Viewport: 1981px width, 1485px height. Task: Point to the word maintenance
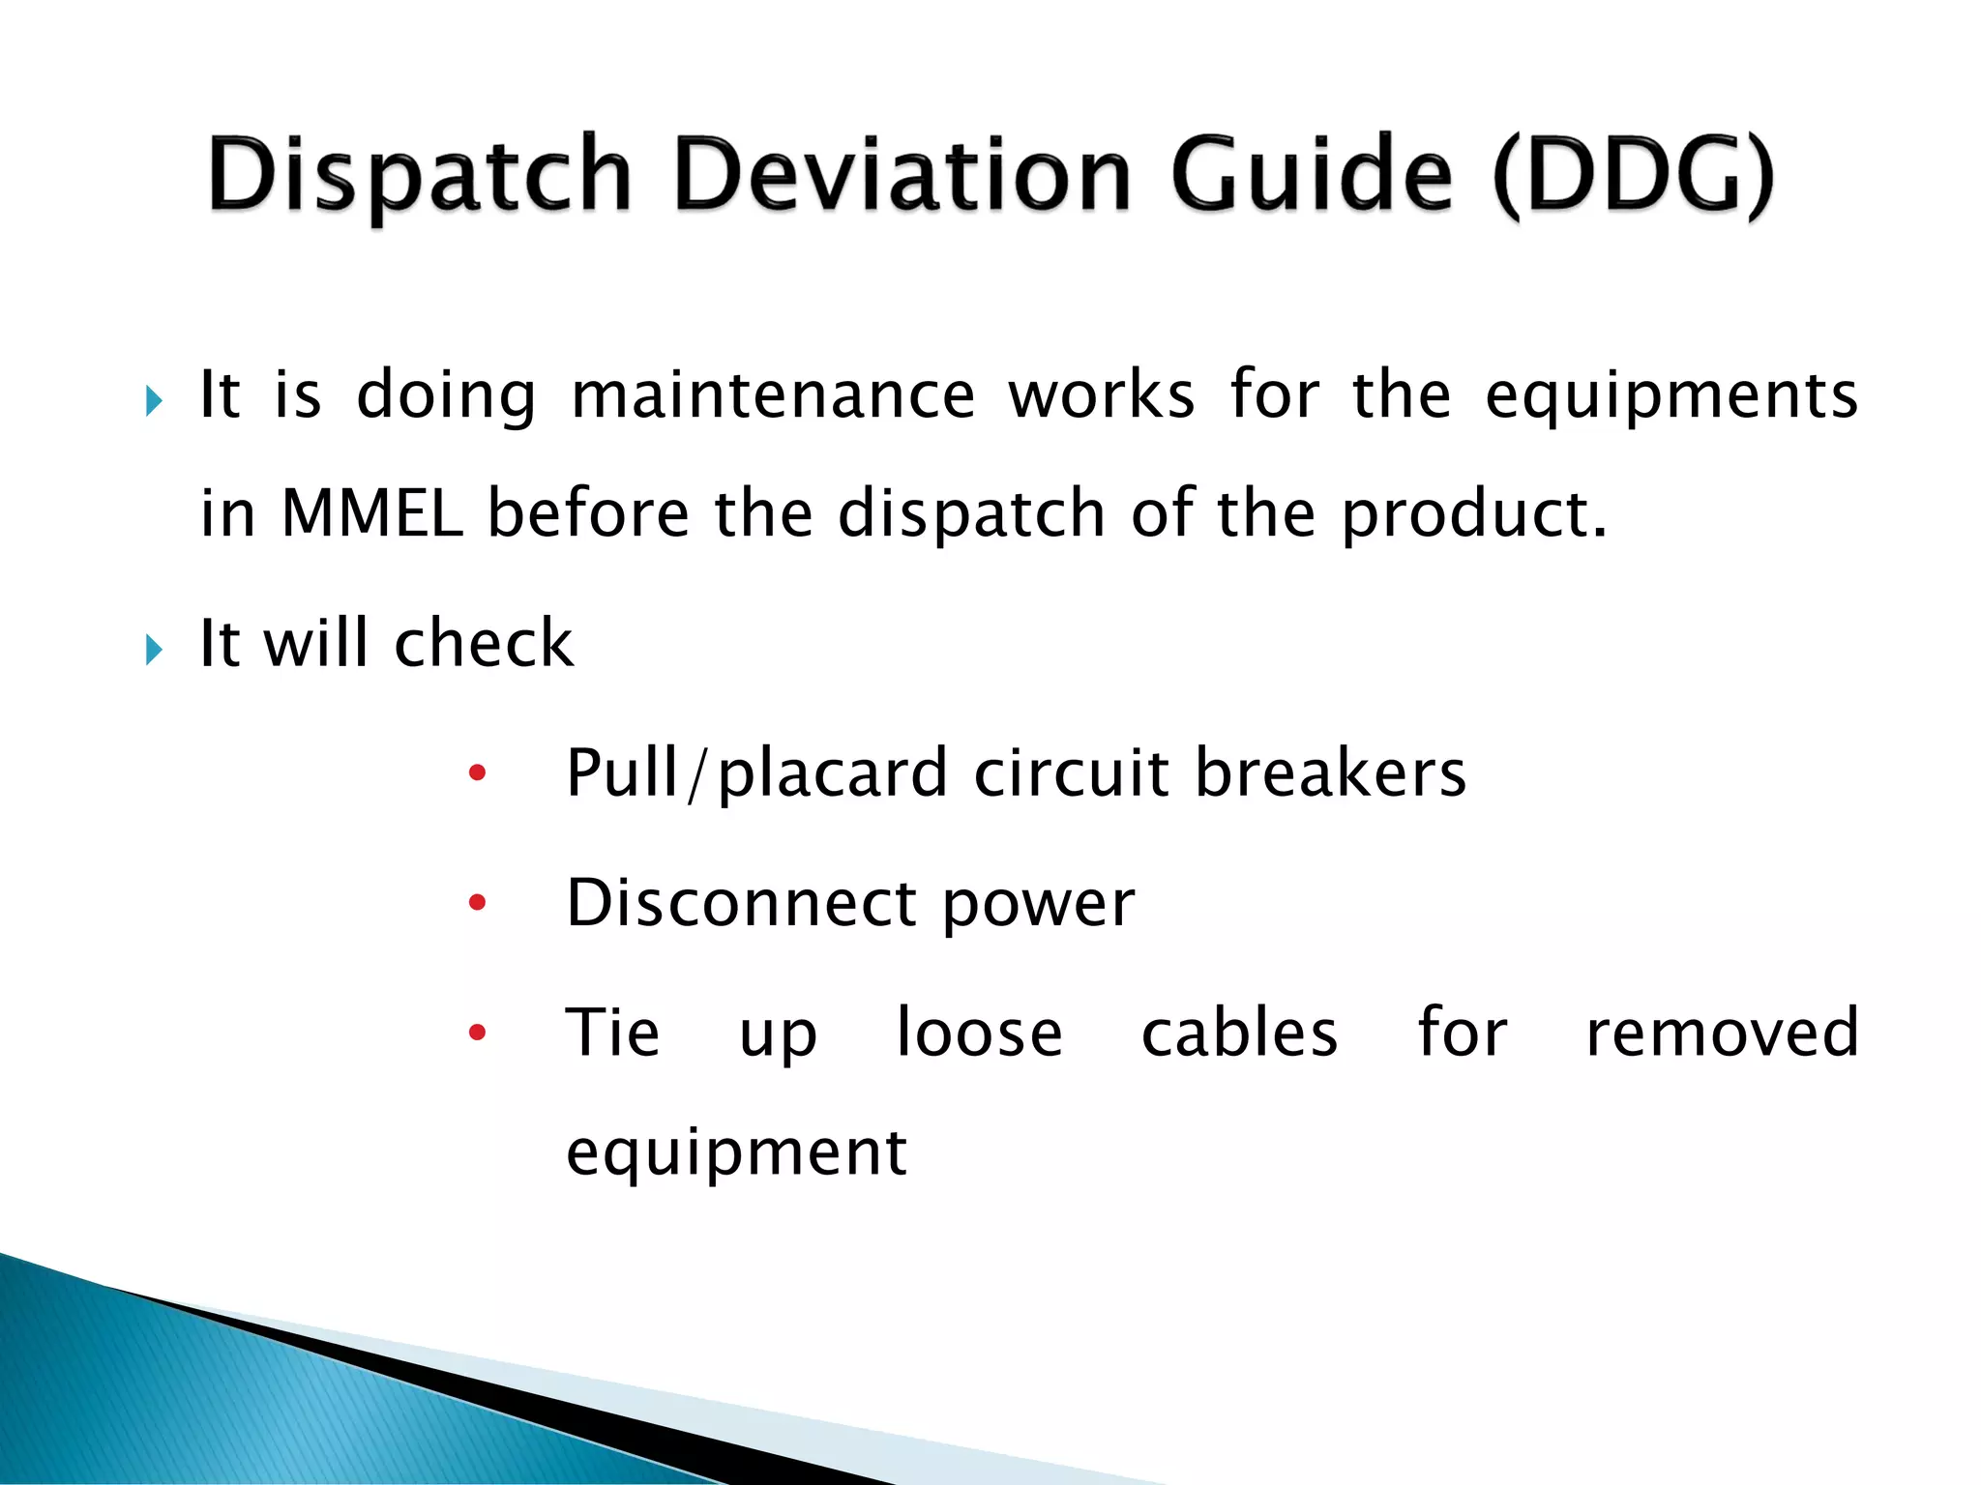point(773,396)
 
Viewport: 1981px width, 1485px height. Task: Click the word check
point(484,643)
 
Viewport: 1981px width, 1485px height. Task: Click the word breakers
point(1330,772)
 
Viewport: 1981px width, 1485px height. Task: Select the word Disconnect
point(741,903)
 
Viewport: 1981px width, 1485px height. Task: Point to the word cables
point(1239,1033)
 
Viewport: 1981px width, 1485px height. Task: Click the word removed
point(1722,1033)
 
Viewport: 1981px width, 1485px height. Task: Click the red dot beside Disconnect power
point(477,903)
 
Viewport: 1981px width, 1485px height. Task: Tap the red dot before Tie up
point(477,1033)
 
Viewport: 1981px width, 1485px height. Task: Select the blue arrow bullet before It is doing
point(154,400)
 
